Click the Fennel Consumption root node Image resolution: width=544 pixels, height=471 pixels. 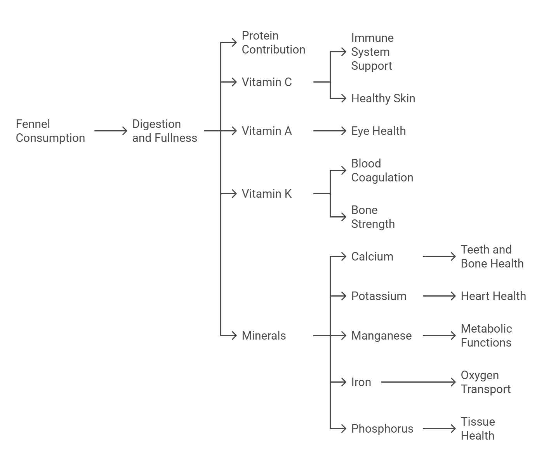(x=50, y=131)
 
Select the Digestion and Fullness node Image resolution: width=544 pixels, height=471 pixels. (x=165, y=131)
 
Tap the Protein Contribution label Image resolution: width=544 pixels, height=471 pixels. (x=273, y=43)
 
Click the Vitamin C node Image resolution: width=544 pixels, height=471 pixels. (x=266, y=82)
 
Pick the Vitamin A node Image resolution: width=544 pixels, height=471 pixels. (x=266, y=131)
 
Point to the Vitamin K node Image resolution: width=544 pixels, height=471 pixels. (x=266, y=194)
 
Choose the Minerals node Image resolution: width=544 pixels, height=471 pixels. (x=264, y=336)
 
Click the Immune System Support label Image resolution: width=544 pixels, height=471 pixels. (x=372, y=52)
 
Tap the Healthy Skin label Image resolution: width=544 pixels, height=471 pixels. (x=383, y=98)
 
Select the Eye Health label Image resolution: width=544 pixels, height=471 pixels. (x=378, y=131)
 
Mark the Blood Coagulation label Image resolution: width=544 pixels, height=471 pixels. (x=382, y=171)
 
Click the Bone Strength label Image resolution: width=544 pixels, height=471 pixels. (x=373, y=217)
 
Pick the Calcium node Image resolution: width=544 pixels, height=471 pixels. (x=372, y=257)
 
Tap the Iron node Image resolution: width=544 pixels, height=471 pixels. (x=361, y=382)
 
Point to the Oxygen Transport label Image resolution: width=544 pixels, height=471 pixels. (x=485, y=382)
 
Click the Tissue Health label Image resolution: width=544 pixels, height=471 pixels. (x=478, y=429)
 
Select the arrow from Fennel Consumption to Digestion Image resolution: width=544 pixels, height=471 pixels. (x=111, y=131)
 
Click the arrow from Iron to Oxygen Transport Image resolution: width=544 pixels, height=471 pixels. (x=418, y=382)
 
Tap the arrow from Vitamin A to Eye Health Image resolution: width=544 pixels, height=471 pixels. (x=329, y=131)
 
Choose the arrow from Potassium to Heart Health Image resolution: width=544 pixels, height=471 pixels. (x=439, y=296)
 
